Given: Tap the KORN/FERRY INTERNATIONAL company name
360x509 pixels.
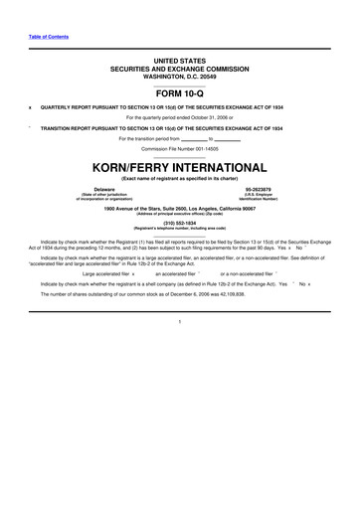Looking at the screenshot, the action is [179, 167].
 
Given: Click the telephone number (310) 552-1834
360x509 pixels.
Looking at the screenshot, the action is [180, 223].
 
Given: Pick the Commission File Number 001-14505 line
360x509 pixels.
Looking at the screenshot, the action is [179, 149].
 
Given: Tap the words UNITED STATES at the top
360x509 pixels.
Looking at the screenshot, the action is [179, 61].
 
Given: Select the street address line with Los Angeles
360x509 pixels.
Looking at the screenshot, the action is [179, 209].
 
